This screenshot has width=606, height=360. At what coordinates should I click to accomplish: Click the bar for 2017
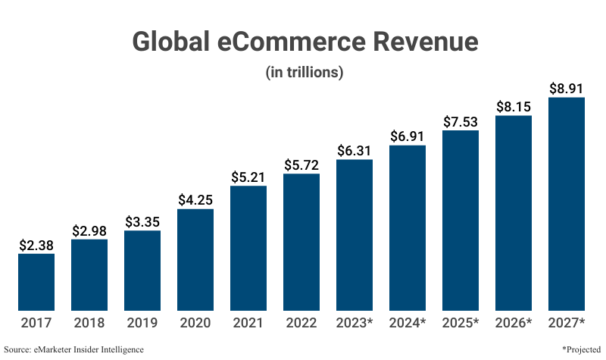(x=36, y=282)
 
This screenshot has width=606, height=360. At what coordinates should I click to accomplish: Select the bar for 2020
(x=195, y=259)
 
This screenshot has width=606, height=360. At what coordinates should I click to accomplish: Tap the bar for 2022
(x=301, y=242)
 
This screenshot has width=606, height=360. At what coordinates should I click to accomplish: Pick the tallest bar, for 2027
(x=567, y=204)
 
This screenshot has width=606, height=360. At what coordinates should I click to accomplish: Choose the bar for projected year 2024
(x=408, y=227)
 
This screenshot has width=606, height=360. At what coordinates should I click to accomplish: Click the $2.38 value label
(x=36, y=245)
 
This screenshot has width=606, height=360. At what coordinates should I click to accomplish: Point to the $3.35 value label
(x=142, y=222)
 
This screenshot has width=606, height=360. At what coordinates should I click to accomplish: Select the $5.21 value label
(x=248, y=177)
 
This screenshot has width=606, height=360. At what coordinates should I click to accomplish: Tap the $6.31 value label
(x=355, y=151)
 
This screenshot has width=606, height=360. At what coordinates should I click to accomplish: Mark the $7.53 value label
(x=461, y=122)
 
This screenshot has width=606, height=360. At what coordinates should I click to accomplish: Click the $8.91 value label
(x=567, y=89)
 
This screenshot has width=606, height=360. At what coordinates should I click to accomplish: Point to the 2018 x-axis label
(x=89, y=324)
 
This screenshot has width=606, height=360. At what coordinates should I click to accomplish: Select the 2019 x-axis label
(x=142, y=324)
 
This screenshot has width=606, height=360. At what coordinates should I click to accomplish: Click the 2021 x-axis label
(x=248, y=324)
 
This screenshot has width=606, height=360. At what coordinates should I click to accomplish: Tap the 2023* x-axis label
(x=355, y=324)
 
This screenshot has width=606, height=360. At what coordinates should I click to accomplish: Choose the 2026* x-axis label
(x=514, y=324)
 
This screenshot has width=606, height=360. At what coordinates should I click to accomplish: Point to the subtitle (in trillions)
(x=305, y=73)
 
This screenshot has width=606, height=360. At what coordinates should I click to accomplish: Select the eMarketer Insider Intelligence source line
(x=73, y=349)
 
